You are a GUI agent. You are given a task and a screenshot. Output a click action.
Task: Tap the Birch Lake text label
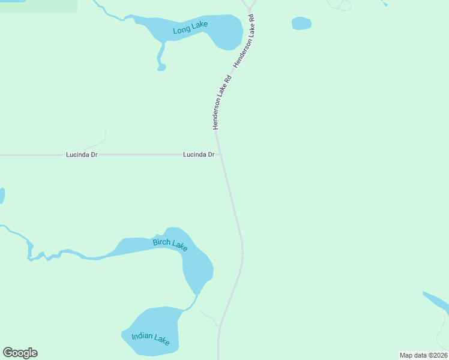pos(170,244)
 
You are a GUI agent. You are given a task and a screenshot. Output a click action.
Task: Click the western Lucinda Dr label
pos(82,155)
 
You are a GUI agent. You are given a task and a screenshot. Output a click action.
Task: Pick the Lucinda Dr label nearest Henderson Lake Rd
pos(199,155)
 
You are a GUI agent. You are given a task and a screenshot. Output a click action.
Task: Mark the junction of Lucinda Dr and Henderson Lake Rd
pos(220,154)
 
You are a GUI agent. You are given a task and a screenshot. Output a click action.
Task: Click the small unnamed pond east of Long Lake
pos(301,23)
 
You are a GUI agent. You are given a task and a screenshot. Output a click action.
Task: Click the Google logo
pos(20,353)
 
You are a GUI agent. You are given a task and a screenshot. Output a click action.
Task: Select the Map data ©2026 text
pos(423,355)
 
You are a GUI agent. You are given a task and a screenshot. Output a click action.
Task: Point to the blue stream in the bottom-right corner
pos(436,302)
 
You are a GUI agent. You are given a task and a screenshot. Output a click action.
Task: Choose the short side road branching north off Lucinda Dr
pos(98,142)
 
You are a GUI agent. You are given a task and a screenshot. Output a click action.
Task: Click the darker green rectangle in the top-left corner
pos(38,6)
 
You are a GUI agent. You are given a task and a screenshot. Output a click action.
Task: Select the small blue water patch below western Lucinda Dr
pos(2,196)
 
